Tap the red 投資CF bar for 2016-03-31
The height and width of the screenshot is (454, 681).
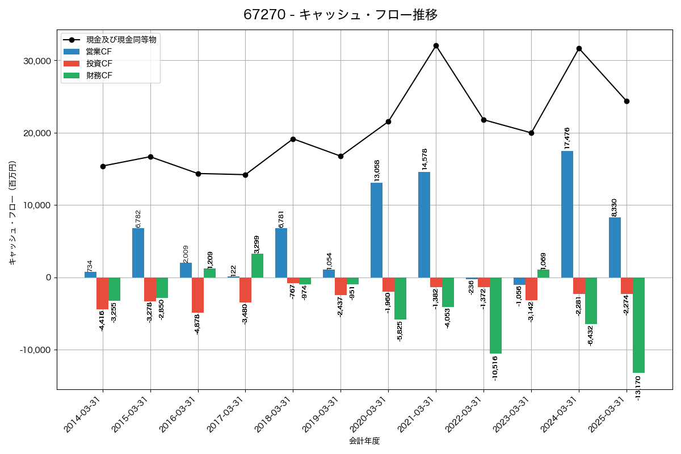coord(197,295)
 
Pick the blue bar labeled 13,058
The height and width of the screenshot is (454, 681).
coord(376,230)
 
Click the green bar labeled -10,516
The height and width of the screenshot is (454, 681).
coord(495,315)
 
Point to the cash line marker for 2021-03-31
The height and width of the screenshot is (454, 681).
coord(436,45)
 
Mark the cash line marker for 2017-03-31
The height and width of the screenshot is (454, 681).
coord(245,175)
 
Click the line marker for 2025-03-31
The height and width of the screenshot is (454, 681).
coord(627,101)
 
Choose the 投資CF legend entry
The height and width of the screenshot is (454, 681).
coord(99,64)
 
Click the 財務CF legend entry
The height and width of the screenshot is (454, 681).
coord(99,75)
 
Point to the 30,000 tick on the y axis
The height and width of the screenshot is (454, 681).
coord(35,61)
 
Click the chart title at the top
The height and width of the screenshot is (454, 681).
coord(340,15)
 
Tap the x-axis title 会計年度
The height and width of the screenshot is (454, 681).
coord(364,440)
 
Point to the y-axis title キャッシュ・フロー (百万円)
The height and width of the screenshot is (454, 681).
coord(12,213)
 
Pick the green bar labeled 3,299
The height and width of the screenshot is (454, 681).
coord(257,266)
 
